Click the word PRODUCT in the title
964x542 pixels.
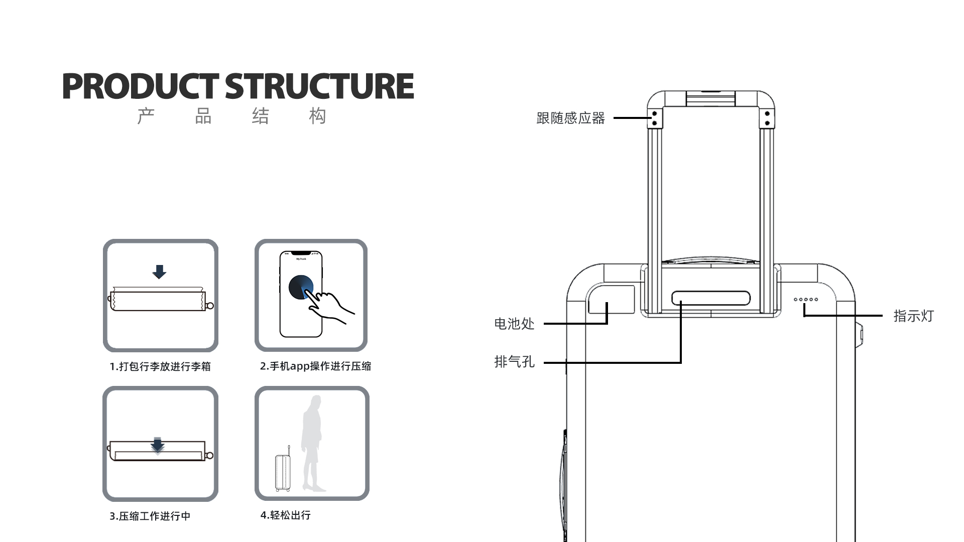[x=141, y=86]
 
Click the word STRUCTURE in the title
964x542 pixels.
[x=319, y=86]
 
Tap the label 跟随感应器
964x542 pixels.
[x=570, y=118]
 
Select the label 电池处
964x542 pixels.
[x=514, y=324]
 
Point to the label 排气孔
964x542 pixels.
[x=514, y=362]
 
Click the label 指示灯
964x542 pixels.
[x=913, y=316]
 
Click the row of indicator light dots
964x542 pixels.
[x=806, y=300]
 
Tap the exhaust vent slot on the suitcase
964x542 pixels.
[x=711, y=298]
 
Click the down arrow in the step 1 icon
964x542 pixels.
[x=159, y=272]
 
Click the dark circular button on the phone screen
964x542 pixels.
[x=300, y=287]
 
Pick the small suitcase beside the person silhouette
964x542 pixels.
[x=283, y=472]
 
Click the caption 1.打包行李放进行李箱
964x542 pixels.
[x=160, y=366]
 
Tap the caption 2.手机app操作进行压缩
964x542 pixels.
[x=315, y=366]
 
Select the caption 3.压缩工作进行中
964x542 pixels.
[x=150, y=516]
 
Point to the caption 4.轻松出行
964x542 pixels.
[x=285, y=515]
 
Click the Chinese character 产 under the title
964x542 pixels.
[x=146, y=116]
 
